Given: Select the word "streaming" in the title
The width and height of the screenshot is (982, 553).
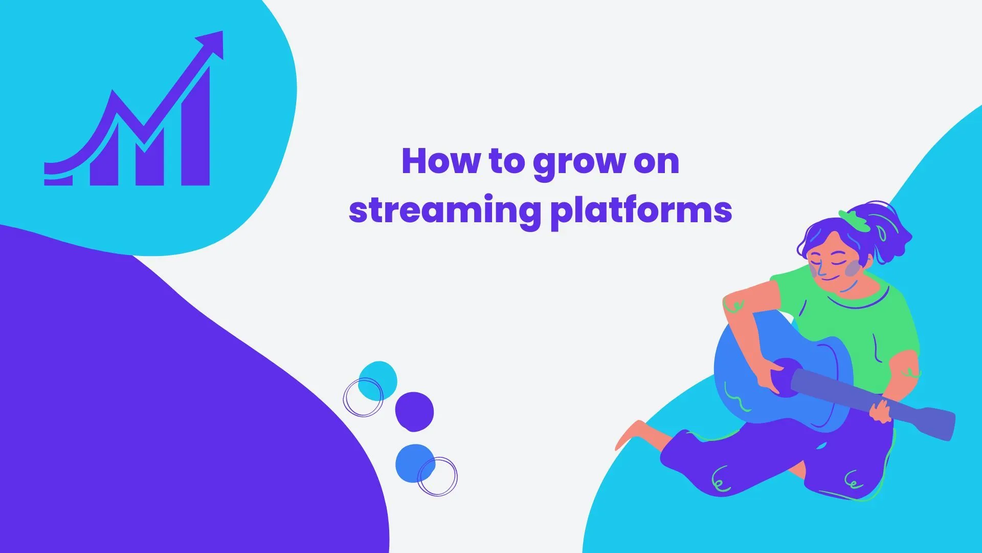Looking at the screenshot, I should coord(444,210).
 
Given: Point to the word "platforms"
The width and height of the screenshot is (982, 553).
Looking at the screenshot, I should coord(641,211).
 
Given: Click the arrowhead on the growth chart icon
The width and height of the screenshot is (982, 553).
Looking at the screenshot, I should coord(212,43).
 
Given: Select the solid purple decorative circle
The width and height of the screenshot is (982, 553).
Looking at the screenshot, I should coord(414,412).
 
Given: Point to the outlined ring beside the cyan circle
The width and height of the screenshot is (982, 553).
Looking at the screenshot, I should coord(362,397).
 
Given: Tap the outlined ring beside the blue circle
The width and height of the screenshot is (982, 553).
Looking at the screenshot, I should coord(438,477).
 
